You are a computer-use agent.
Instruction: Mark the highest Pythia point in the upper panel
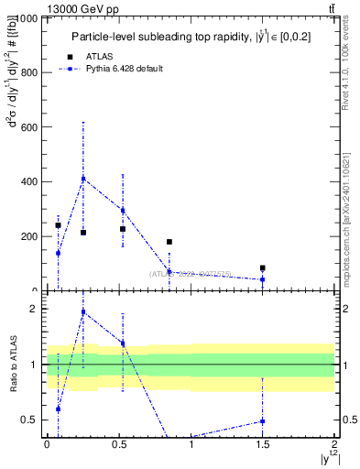coord(83,179)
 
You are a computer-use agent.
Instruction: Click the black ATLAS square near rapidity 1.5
coord(263,268)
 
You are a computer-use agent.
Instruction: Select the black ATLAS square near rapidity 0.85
coord(169,242)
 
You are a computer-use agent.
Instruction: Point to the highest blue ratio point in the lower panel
coord(83,312)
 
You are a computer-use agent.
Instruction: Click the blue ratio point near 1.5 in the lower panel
coord(263,421)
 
